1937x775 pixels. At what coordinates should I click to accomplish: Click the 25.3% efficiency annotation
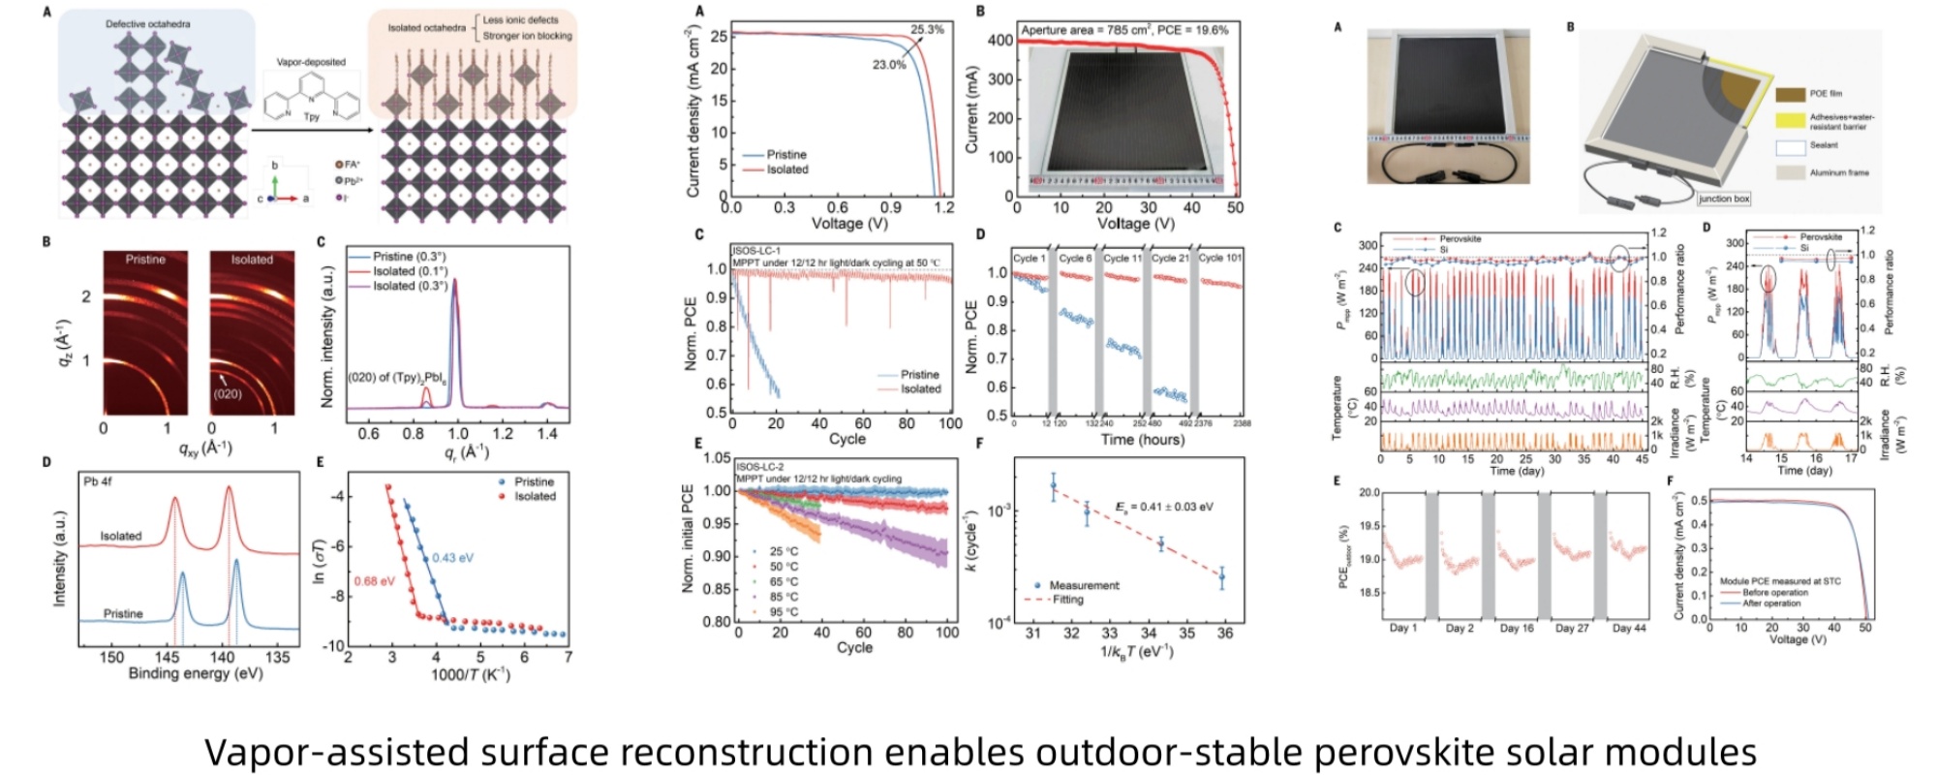click(x=927, y=30)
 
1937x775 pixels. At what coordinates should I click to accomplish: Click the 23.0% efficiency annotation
click(x=889, y=66)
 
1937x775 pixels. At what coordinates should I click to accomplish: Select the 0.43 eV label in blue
click(x=452, y=557)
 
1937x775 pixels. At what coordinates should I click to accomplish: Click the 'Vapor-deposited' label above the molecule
click(x=311, y=62)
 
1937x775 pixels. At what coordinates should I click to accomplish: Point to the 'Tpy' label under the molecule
click(x=311, y=116)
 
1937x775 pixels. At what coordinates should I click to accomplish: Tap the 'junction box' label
click(x=1724, y=199)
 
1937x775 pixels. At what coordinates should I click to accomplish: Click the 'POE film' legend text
click(x=1826, y=94)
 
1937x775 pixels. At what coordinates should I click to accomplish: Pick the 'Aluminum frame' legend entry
click(x=1839, y=172)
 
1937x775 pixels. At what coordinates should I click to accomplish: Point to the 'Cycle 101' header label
click(x=1219, y=259)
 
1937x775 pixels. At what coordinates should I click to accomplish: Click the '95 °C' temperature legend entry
click(x=784, y=612)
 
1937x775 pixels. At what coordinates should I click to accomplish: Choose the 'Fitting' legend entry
click(x=1068, y=600)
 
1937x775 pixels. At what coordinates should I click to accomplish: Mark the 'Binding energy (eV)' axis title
click(x=195, y=673)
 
